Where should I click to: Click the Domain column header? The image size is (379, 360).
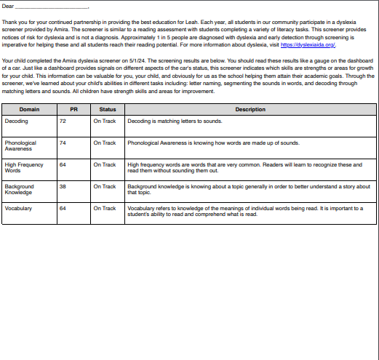point(29,109)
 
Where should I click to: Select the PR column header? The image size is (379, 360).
point(73,109)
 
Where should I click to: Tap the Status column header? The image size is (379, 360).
point(107,109)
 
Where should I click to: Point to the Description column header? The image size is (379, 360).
point(250,109)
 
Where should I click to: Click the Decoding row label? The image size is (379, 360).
point(16,121)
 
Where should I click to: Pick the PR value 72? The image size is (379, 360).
point(63,121)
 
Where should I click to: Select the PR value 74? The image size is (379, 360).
point(63,143)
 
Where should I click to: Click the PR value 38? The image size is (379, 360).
point(63,187)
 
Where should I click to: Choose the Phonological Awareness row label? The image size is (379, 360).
point(20,145)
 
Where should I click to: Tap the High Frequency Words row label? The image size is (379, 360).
point(23,167)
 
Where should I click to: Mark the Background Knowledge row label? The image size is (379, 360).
point(20,189)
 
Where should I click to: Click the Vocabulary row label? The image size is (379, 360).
point(19,209)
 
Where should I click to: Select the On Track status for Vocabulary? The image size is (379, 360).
point(105,209)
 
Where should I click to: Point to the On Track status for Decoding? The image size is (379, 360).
point(105,121)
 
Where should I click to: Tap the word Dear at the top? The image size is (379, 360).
point(8,6)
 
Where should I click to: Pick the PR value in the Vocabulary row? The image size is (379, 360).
point(63,209)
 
